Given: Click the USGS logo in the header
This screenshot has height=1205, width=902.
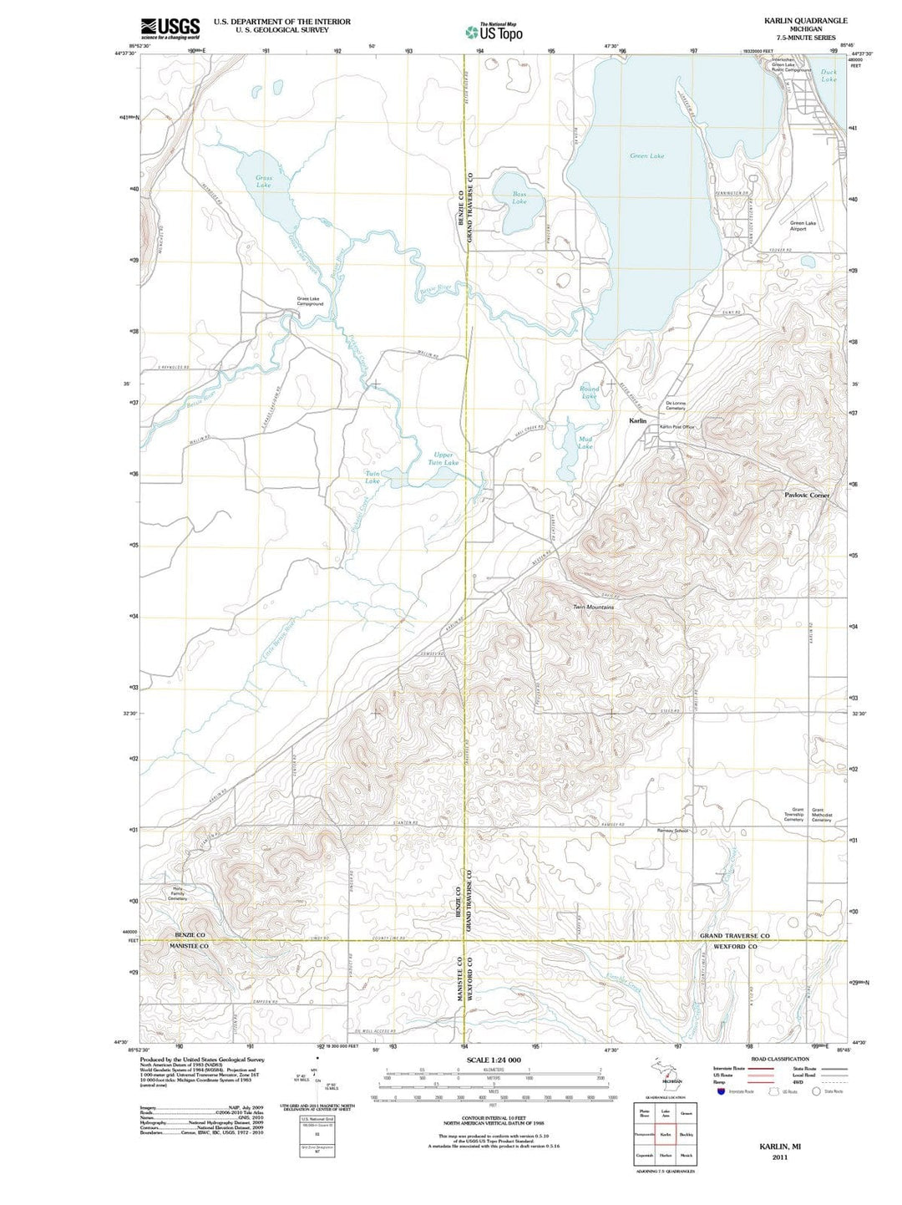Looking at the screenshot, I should (x=170, y=28).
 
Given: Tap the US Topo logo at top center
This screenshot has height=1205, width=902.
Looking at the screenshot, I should (x=494, y=32).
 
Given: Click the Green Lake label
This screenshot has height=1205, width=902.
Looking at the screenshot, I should (x=646, y=156).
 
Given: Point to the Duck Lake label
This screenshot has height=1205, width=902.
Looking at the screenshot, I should (x=829, y=75).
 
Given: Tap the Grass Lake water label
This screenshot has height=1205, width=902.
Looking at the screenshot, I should (x=264, y=181).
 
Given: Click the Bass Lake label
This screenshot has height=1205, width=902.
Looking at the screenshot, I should (x=519, y=198).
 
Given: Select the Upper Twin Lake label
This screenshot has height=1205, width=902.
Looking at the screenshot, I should (x=443, y=459).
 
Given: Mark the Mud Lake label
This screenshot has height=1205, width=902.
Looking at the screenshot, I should (x=585, y=442).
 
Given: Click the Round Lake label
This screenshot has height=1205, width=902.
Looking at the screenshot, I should (x=590, y=392).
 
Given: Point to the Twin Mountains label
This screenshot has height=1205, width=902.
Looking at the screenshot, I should (x=593, y=608).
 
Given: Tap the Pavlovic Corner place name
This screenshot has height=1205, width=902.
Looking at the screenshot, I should (x=807, y=496).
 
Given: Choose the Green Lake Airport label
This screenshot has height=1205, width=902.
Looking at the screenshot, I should (x=803, y=226).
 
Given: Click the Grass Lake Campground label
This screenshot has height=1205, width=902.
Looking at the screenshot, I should (x=310, y=302).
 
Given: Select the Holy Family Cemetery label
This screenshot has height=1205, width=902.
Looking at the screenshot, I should (x=177, y=893).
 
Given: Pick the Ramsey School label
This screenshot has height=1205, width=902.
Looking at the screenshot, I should (x=672, y=831).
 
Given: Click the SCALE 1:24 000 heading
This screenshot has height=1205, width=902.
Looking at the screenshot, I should (x=494, y=1060).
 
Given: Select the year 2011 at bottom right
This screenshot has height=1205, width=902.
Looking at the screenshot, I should (x=780, y=1157).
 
